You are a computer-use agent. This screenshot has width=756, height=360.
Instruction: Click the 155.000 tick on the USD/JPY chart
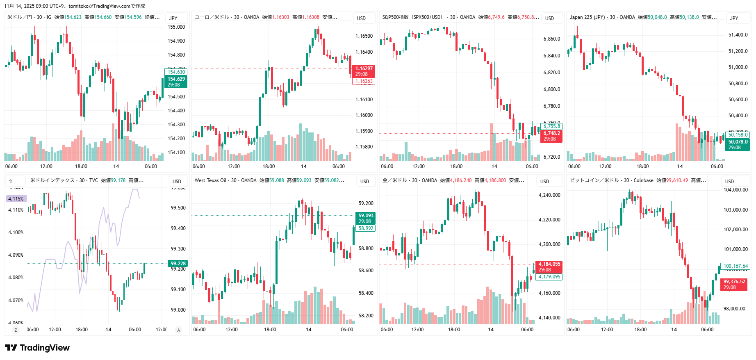176,27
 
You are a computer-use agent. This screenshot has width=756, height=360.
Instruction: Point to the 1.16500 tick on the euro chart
364,36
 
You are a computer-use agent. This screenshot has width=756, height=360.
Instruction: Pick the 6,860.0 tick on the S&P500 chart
552,39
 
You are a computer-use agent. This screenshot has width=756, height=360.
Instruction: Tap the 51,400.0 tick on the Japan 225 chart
738,35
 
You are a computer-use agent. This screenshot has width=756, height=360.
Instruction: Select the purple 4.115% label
16,199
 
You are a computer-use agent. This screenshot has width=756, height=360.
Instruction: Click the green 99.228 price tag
178,264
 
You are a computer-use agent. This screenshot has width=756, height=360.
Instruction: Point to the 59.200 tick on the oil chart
366,203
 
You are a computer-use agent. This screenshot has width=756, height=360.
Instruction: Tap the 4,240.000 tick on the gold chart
549,195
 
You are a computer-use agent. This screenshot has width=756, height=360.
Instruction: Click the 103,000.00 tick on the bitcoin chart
735,210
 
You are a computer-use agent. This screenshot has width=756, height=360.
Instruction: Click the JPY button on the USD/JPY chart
173,18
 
